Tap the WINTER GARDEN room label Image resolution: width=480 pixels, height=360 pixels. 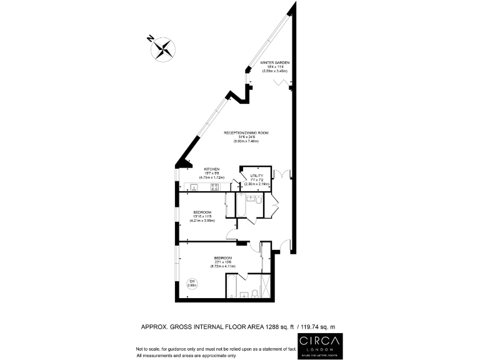click(x=275, y=63)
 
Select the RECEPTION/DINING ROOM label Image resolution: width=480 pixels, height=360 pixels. click(x=241, y=133)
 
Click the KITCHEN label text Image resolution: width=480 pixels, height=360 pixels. click(x=211, y=169)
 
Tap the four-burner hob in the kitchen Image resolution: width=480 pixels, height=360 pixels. click(x=214, y=186)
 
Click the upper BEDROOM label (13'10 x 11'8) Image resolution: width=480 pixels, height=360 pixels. click(x=202, y=212)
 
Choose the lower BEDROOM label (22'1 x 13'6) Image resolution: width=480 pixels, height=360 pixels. click(x=223, y=258)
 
